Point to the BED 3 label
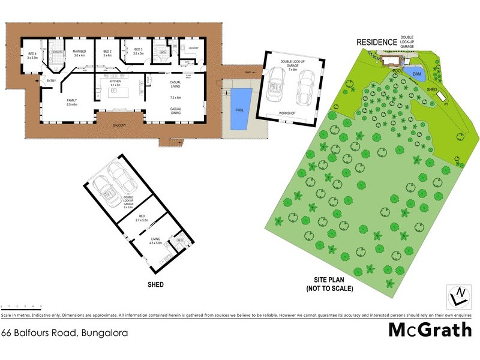[139, 50]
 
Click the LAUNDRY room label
[193, 48]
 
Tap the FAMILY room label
[71, 101]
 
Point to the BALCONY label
[118, 125]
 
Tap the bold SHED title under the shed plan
[155, 284]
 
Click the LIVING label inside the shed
[155, 239]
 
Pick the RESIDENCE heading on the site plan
[377, 42]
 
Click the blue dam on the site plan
[414, 73]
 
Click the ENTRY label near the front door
[50, 81]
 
